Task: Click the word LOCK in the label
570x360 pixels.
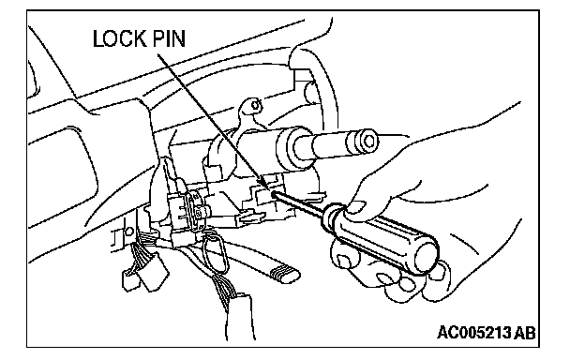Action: click(x=118, y=38)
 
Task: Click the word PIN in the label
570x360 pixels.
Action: click(x=169, y=38)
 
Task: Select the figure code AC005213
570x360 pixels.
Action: click(x=474, y=333)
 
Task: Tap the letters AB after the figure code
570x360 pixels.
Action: click(x=526, y=333)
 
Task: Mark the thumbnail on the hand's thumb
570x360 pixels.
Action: click(x=358, y=207)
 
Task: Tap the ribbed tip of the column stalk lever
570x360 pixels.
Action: click(x=286, y=274)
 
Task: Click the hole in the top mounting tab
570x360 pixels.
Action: click(x=256, y=106)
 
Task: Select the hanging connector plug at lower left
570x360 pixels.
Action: click(x=143, y=274)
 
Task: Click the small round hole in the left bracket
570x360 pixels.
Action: click(x=127, y=232)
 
